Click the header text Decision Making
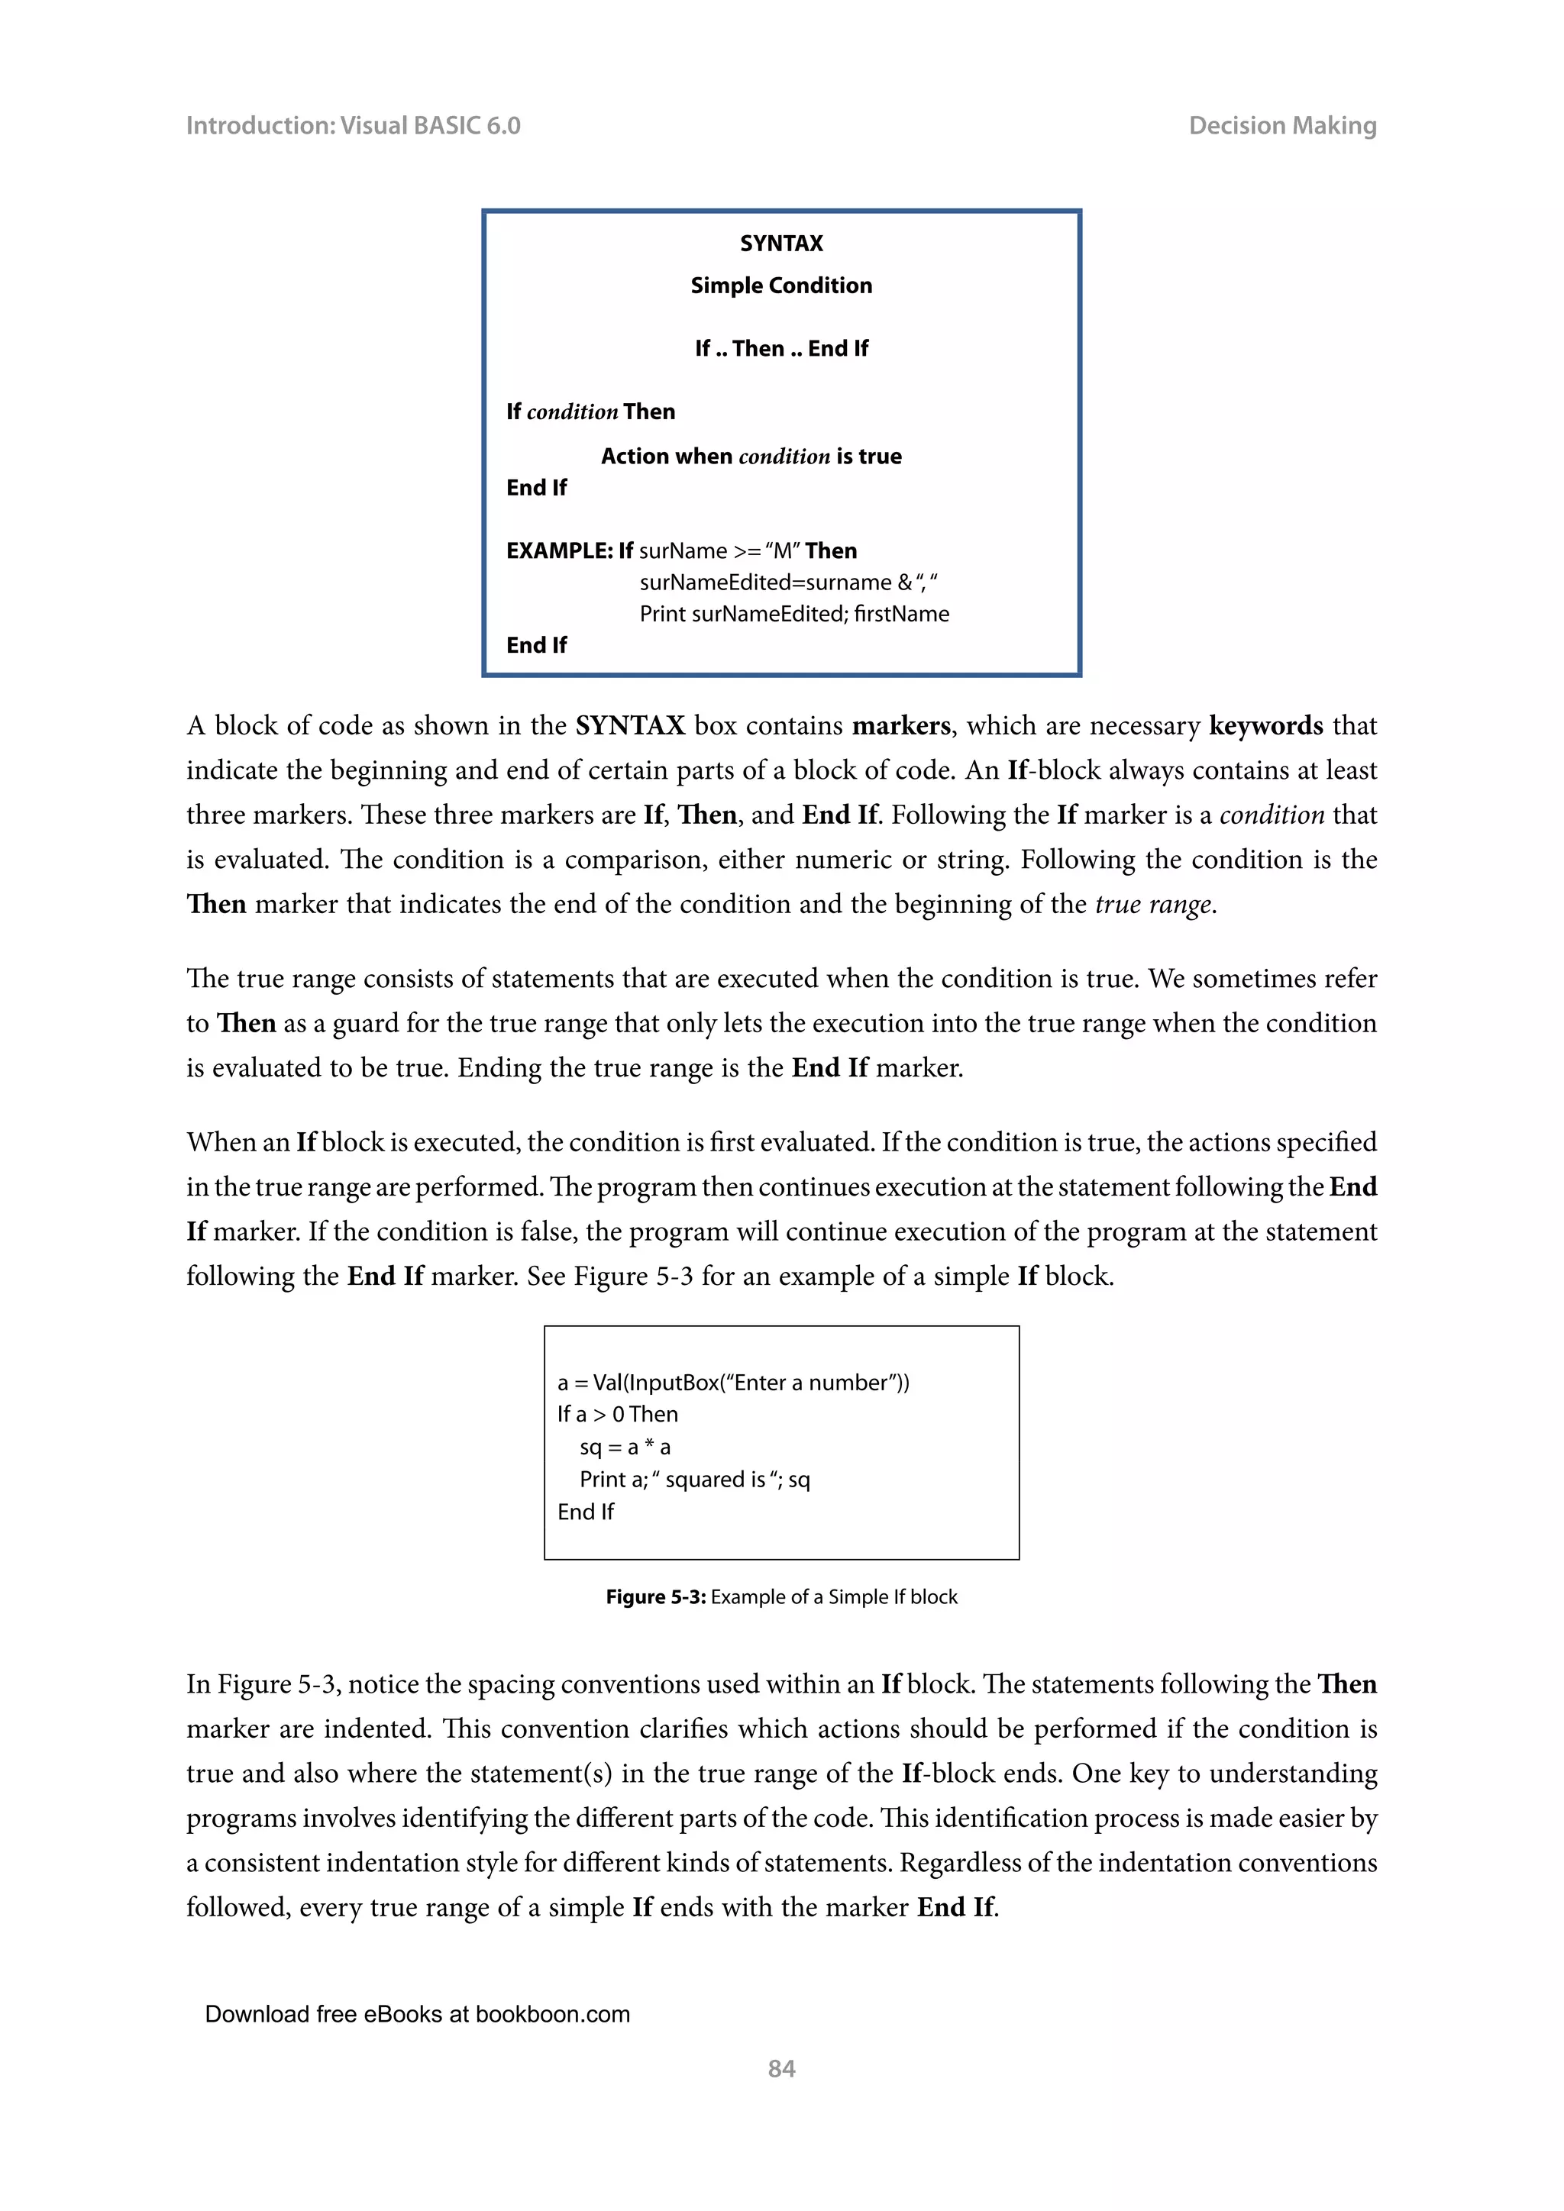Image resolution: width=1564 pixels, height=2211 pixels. click(1282, 126)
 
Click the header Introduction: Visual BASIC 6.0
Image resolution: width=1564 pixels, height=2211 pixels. click(353, 126)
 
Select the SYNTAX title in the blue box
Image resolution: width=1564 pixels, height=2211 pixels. click(781, 244)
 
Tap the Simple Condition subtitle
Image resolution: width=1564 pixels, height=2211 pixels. click(781, 286)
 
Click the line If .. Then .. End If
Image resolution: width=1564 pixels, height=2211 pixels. click(781, 349)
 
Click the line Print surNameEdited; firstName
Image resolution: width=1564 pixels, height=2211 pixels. click(793, 615)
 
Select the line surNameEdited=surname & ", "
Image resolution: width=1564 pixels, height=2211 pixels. click(788, 583)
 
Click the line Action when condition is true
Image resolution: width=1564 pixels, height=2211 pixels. click(751, 457)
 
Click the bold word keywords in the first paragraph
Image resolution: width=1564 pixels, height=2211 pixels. click(1265, 726)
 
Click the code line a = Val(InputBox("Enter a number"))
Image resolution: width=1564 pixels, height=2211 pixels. click(733, 1383)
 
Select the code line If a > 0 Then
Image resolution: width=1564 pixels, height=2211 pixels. click(617, 1415)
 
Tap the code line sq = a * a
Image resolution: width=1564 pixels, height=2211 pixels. click(624, 1448)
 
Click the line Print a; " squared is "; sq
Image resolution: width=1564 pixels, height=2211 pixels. click(693, 1480)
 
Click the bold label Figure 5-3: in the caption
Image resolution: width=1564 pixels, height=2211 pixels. click(656, 1596)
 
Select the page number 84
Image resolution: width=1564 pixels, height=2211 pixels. click(781, 2068)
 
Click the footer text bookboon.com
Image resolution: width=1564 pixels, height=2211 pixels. click(552, 2015)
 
